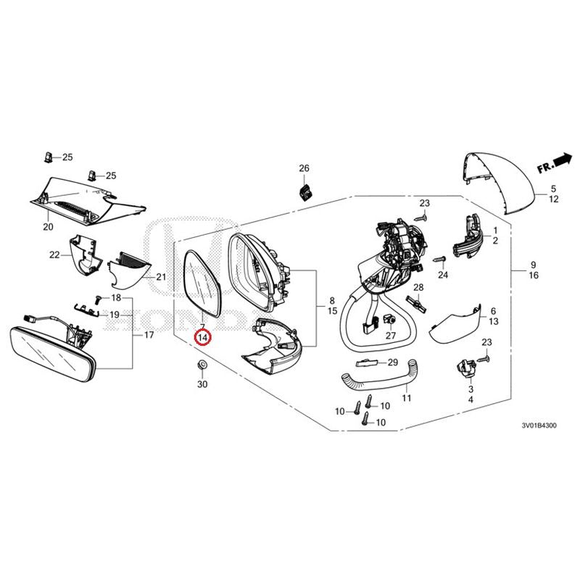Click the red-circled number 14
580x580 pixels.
pyautogui.click(x=203, y=338)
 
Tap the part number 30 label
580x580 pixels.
pyautogui.click(x=202, y=384)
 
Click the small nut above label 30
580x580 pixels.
pyautogui.click(x=202, y=365)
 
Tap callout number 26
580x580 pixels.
pyautogui.click(x=304, y=169)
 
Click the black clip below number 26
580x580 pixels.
pyautogui.click(x=305, y=192)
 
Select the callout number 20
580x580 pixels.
pyautogui.click(x=49, y=227)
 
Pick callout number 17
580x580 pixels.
pyautogui.click(x=149, y=336)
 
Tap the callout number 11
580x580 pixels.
pyautogui.click(x=406, y=399)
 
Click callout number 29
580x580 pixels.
pyautogui.click(x=393, y=362)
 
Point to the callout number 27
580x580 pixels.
pyautogui.click(x=390, y=336)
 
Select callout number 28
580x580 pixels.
pyautogui.click(x=418, y=288)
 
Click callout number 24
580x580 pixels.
pyautogui.click(x=444, y=275)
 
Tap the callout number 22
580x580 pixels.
pyautogui.click(x=54, y=254)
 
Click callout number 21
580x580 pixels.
pyautogui.click(x=161, y=277)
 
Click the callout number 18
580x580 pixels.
pyautogui.click(x=116, y=299)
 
